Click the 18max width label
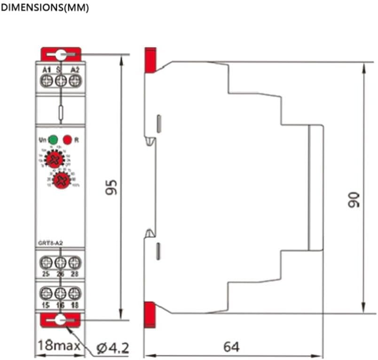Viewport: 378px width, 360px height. tap(59, 347)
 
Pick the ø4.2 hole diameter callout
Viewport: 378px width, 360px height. tap(111, 348)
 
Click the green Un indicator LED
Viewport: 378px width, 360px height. tap(53, 140)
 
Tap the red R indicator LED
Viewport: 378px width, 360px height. tap(68, 140)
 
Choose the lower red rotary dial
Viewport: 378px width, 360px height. tap(61, 180)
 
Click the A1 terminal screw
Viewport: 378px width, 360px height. tap(47, 81)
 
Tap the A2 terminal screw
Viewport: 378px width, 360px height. tap(73, 81)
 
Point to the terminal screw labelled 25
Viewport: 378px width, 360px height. tap(47, 261)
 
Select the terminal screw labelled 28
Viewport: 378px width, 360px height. tap(73, 261)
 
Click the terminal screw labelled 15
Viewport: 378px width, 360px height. tap(47, 293)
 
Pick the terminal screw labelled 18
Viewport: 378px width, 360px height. tap(73, 293)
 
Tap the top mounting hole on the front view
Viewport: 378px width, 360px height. tap(60, 55)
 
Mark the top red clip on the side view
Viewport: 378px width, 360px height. tap(150, 60)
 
